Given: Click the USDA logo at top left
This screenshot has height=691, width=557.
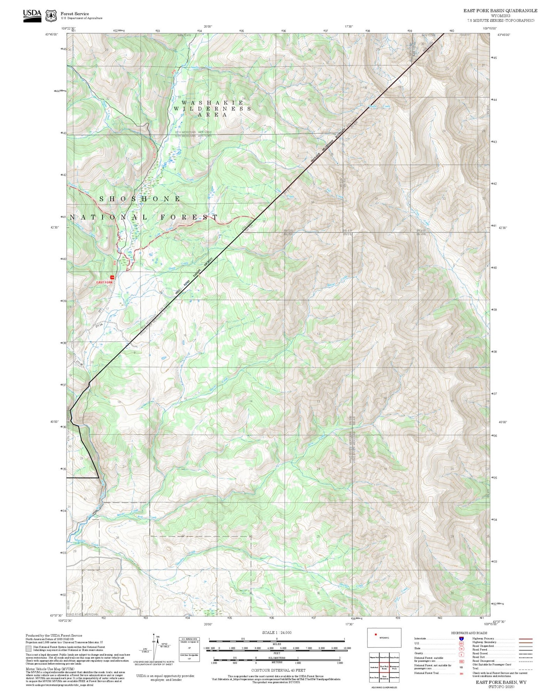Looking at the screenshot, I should point(32,15).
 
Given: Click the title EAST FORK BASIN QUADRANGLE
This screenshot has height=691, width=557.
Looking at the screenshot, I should point(500,10).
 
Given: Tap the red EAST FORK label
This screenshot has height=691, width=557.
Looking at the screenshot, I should point(104,282).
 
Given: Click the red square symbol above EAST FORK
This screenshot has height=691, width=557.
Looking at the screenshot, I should point(113,277).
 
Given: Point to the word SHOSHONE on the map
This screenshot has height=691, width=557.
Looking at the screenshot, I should point(140,199).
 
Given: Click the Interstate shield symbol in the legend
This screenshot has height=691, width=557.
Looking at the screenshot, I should point(461,638).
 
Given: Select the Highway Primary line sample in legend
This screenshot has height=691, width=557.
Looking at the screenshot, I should point(525,638).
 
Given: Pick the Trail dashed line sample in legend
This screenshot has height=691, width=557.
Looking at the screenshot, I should point(525,669).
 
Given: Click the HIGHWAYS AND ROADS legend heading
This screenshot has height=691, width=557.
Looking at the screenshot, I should point(469,633).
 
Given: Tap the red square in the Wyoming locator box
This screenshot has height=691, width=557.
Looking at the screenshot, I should point(375,635).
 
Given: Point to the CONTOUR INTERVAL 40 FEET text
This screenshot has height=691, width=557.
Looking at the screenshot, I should point(278,671).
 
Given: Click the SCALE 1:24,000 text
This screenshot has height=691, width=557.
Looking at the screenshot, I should point(277,633).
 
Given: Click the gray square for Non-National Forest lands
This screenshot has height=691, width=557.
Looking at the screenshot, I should point(28,648).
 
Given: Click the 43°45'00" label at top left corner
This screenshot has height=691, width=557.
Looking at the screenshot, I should point(52,34).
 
